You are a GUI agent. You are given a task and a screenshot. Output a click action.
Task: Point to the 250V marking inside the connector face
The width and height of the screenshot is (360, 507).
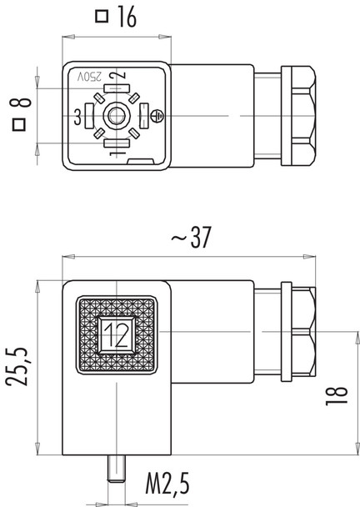tap(90, 77)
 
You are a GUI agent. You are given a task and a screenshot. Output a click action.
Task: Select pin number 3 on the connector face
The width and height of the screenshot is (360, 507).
tap(78, 117)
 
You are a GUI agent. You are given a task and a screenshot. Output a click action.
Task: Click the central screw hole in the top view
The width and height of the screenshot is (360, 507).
tap(115, 117)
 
